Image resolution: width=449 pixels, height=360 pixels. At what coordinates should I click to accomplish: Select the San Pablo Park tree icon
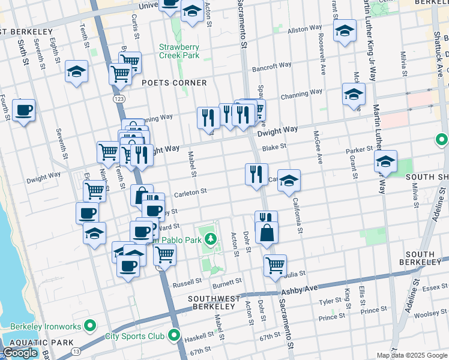pos(210,240)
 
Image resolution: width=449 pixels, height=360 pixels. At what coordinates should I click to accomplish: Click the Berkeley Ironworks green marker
pos(91,326)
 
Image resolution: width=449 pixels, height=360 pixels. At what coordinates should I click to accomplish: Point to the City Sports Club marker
pos(175,335)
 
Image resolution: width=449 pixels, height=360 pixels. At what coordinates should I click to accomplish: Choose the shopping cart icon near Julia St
pos(275,264)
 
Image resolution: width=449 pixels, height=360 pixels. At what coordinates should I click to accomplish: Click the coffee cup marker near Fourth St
pos(23,110)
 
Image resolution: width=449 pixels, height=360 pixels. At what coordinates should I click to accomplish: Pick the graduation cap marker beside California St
pos(289,181)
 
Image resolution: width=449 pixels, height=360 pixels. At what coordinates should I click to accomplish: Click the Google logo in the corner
pos(20,353)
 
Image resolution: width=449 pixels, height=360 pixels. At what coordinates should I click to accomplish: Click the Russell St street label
pos(187,282)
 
